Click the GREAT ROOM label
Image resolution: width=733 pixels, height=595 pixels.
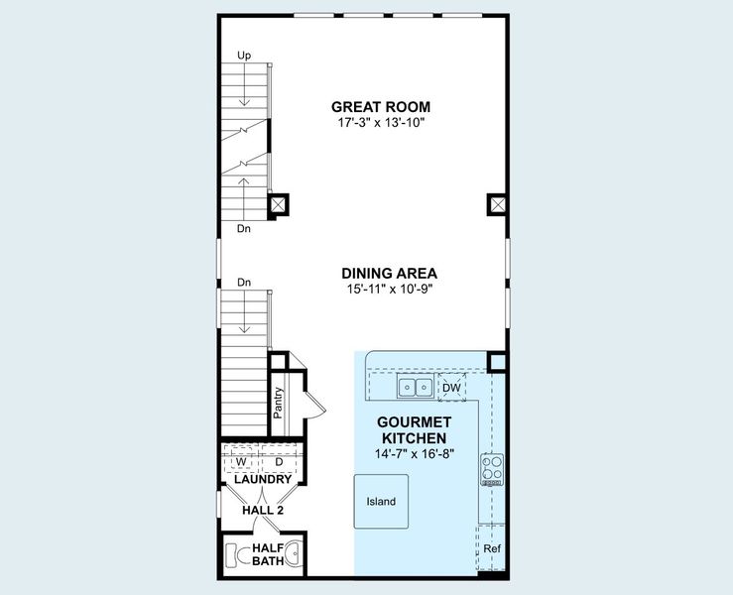tap(381, 107)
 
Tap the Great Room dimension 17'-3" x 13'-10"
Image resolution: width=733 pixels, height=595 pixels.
tap(381, 124)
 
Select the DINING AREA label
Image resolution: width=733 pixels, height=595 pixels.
tap(389, 273)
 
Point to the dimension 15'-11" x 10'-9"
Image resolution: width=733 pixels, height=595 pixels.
tap(389, 289)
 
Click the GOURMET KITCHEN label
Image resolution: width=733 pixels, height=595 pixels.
tap(412, 429)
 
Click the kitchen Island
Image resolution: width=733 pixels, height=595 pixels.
tap(381, 502)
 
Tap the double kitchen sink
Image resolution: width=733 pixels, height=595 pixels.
tap(415, 387)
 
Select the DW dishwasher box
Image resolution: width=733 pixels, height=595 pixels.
tap(451, 387)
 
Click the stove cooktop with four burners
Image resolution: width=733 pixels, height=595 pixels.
tap(492, 467)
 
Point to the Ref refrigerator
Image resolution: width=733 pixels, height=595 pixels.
tap(491, 548)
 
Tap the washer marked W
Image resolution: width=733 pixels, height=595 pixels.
tap(240, 462)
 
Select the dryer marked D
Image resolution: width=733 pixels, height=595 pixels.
tap(279, 462)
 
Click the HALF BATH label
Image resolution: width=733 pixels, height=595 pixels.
tap(268, 553)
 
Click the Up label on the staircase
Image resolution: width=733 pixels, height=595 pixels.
tap(243, 55)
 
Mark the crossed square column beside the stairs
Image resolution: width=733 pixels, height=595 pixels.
tap(280, 205)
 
